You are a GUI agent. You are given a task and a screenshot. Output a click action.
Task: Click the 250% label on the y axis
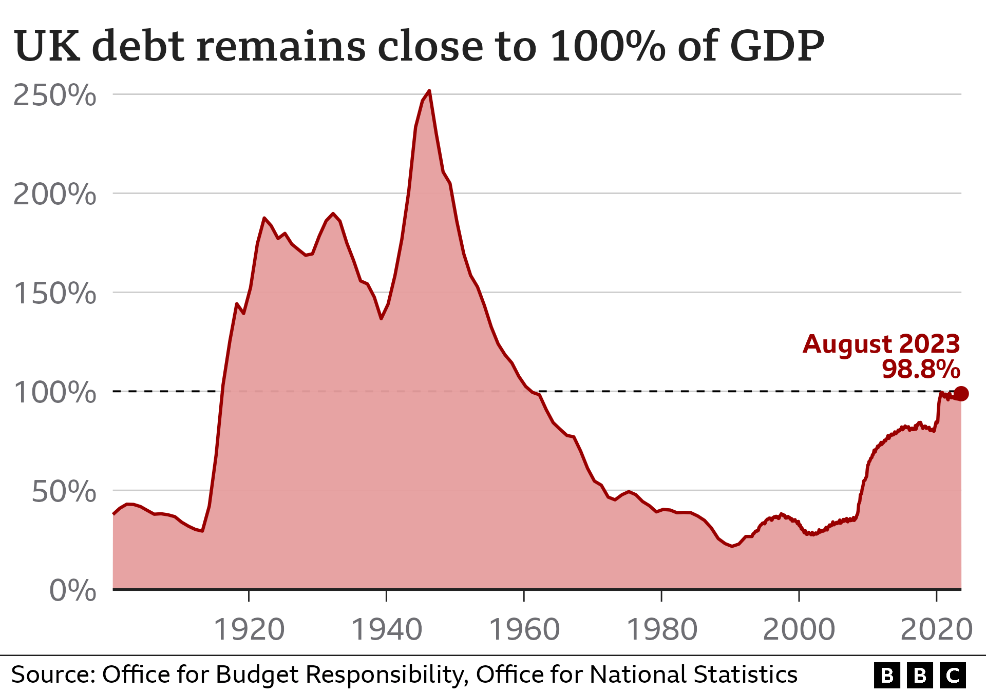[54, 95]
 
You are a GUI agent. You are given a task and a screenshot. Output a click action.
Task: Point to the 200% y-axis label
[54, 195]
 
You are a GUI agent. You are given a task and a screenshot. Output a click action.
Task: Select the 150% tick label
[54, 294]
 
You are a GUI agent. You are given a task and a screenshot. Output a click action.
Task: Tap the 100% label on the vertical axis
[54, 393]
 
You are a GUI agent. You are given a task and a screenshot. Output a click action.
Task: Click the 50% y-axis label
[64, 492]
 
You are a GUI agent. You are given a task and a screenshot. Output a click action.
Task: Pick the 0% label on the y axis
[72, 590]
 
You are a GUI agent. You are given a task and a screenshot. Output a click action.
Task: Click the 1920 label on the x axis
[249, 630]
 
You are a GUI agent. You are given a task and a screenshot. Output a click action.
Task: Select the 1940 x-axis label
[387, 630]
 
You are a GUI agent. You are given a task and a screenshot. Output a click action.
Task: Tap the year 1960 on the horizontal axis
[524, 630]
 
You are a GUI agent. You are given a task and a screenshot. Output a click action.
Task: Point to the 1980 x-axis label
[662, 630]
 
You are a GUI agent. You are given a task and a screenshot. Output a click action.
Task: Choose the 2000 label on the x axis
[799, 630]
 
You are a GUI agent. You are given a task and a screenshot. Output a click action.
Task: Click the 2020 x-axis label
[937, 630]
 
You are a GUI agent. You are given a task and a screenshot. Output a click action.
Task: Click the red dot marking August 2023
[961, 394]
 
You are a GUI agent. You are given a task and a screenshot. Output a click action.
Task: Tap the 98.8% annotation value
[921, 369]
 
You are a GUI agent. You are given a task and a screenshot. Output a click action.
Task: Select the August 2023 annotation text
[881, 344]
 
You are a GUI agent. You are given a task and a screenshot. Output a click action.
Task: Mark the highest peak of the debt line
[429, 91]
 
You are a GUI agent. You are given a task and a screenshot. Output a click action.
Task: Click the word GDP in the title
[777, 46]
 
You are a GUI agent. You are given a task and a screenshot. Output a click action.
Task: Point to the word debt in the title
[138, 46]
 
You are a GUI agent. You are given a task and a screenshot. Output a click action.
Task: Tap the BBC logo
[920, 676]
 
